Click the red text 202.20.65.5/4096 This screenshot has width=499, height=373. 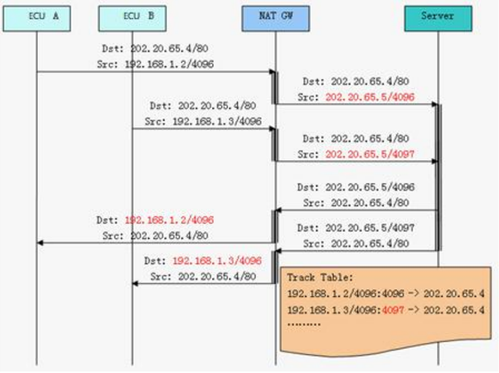370,97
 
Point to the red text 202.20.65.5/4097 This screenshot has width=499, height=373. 370,154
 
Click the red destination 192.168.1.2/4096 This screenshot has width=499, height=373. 169,220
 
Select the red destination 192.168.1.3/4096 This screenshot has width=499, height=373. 217,260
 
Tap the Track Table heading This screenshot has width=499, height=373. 320,278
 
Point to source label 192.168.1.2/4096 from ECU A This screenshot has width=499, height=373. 169,64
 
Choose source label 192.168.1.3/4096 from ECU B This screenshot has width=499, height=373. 217,122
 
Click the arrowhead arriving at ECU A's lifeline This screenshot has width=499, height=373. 40,243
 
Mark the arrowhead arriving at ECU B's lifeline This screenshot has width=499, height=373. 135,283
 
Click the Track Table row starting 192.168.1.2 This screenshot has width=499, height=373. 385,294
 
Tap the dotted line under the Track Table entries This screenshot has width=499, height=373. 304,324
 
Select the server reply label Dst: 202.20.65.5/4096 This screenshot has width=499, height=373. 356,187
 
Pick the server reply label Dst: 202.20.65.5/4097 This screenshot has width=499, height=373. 356,228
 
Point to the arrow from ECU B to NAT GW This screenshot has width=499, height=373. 203,129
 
